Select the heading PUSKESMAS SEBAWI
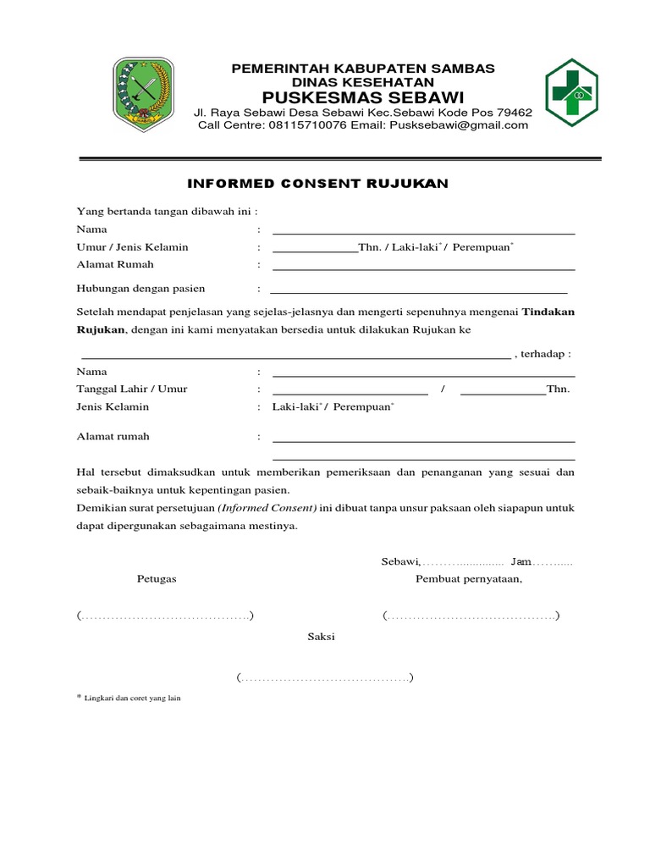(x=363, y=96)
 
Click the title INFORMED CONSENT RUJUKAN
(x=317, y=183)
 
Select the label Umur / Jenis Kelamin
(x=133, y=247)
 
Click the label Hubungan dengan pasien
(x=141, y=289)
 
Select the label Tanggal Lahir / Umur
(x=132, y=389)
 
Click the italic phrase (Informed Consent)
(x=267, y=508)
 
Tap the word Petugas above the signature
(x=157, y=579)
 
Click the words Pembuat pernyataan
(x=468, y=579)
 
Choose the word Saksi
(x=321, y=637)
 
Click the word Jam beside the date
(x=521, y=562)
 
